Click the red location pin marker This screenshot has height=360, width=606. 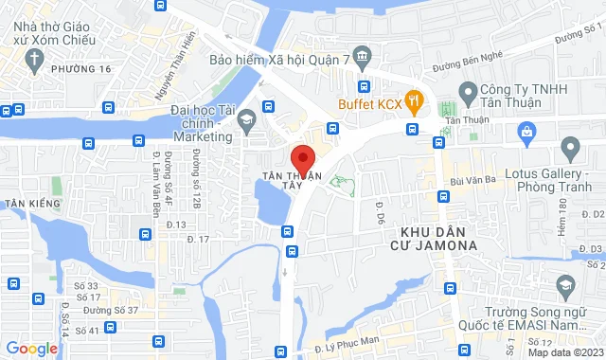[x=302, y=159]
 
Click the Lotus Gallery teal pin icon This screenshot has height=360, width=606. [x=570, y=148]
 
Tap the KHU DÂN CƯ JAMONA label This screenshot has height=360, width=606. [x=438, y=238]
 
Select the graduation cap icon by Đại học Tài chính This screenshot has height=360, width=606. [x=246, y=118]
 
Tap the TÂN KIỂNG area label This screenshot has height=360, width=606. [x=31, y=204]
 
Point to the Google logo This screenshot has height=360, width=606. [x=31, y=348]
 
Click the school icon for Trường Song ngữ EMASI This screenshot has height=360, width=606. [x=565, y=285]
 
